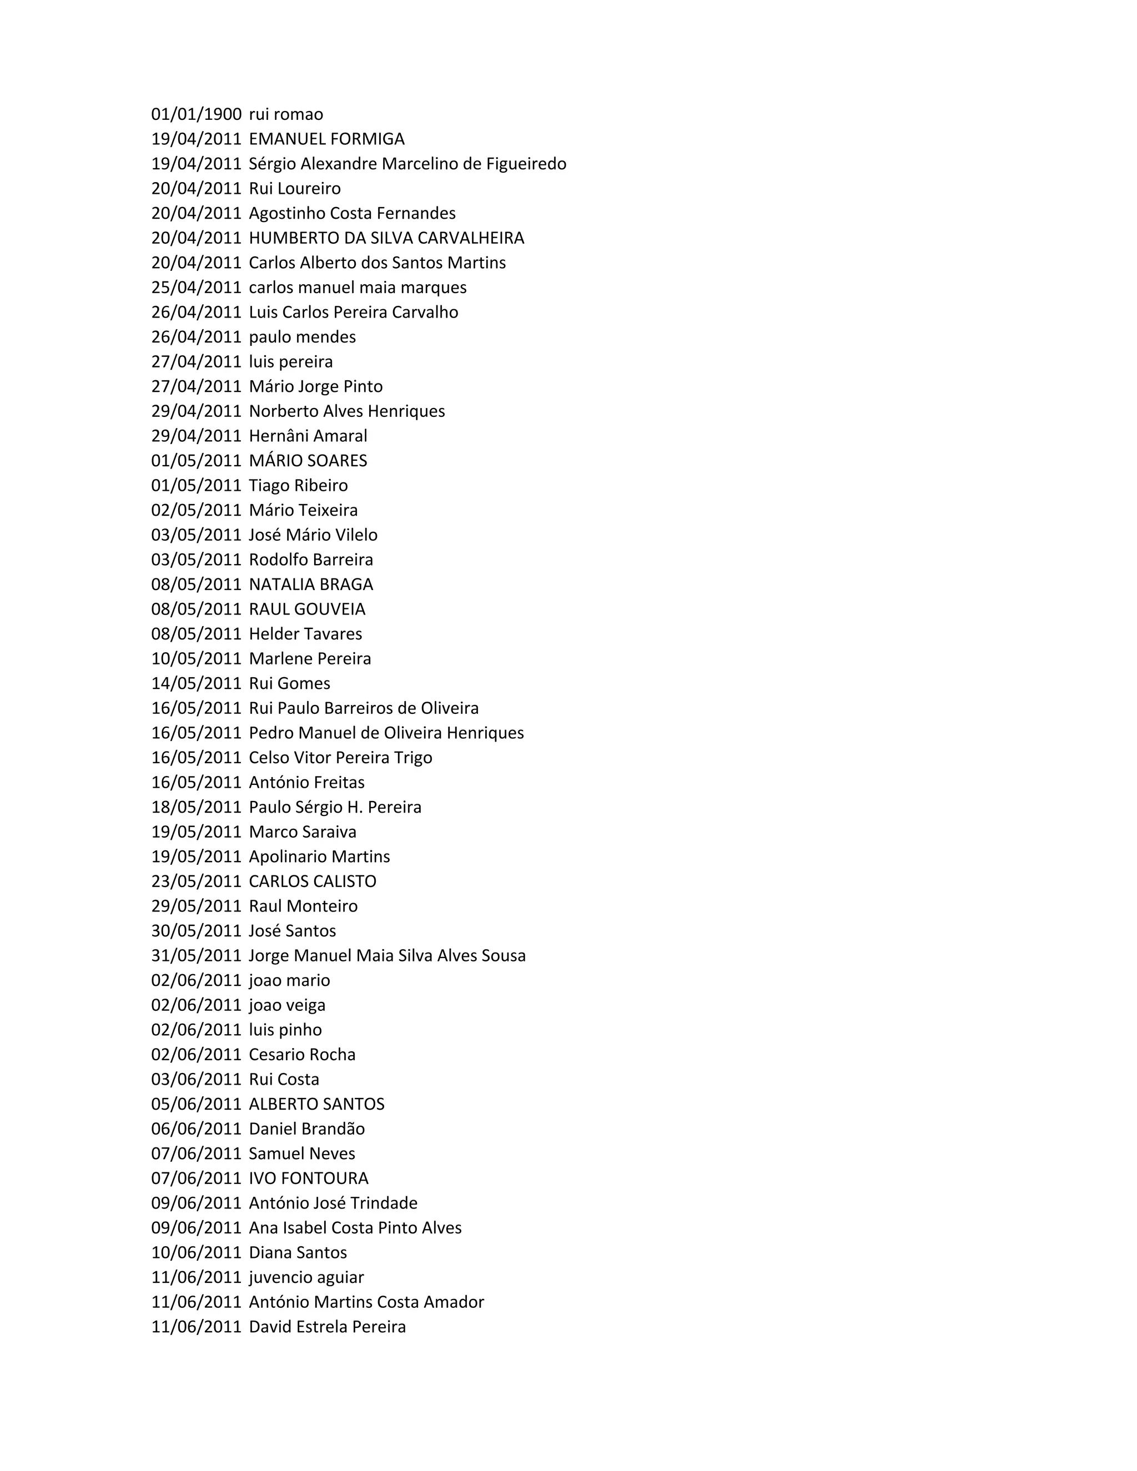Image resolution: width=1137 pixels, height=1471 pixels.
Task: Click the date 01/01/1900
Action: (196, 114)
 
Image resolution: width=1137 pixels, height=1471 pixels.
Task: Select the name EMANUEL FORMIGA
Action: (326, 139)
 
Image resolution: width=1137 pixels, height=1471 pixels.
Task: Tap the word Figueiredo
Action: (526, 164)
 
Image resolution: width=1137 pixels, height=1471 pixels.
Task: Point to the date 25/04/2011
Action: (196, 288)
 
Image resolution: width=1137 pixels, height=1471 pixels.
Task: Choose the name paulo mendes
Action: (303, 337)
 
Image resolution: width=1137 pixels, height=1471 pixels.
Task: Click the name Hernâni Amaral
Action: (308, 436)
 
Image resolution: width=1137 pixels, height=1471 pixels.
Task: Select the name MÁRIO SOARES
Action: (308, 461)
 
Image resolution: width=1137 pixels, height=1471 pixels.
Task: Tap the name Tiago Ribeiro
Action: (298, 486)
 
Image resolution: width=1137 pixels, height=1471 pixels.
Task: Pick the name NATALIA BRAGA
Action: (310, 585)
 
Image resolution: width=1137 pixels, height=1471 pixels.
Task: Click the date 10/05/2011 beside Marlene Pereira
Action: (196, 659)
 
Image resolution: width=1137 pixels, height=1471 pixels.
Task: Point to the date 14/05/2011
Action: (196, 684)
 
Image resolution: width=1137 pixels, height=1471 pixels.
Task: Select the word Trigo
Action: (413, 758)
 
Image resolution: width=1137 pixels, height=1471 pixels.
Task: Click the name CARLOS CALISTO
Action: (313, 881)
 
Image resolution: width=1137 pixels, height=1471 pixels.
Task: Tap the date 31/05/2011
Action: (196, 956)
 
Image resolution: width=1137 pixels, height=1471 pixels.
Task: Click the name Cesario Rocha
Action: (302, 1055)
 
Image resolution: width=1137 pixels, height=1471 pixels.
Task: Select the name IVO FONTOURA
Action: (309, 1178)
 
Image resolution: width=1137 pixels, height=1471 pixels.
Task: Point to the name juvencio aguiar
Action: (306, 1278)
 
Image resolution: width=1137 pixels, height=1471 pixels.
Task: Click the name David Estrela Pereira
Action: (328, 1327)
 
